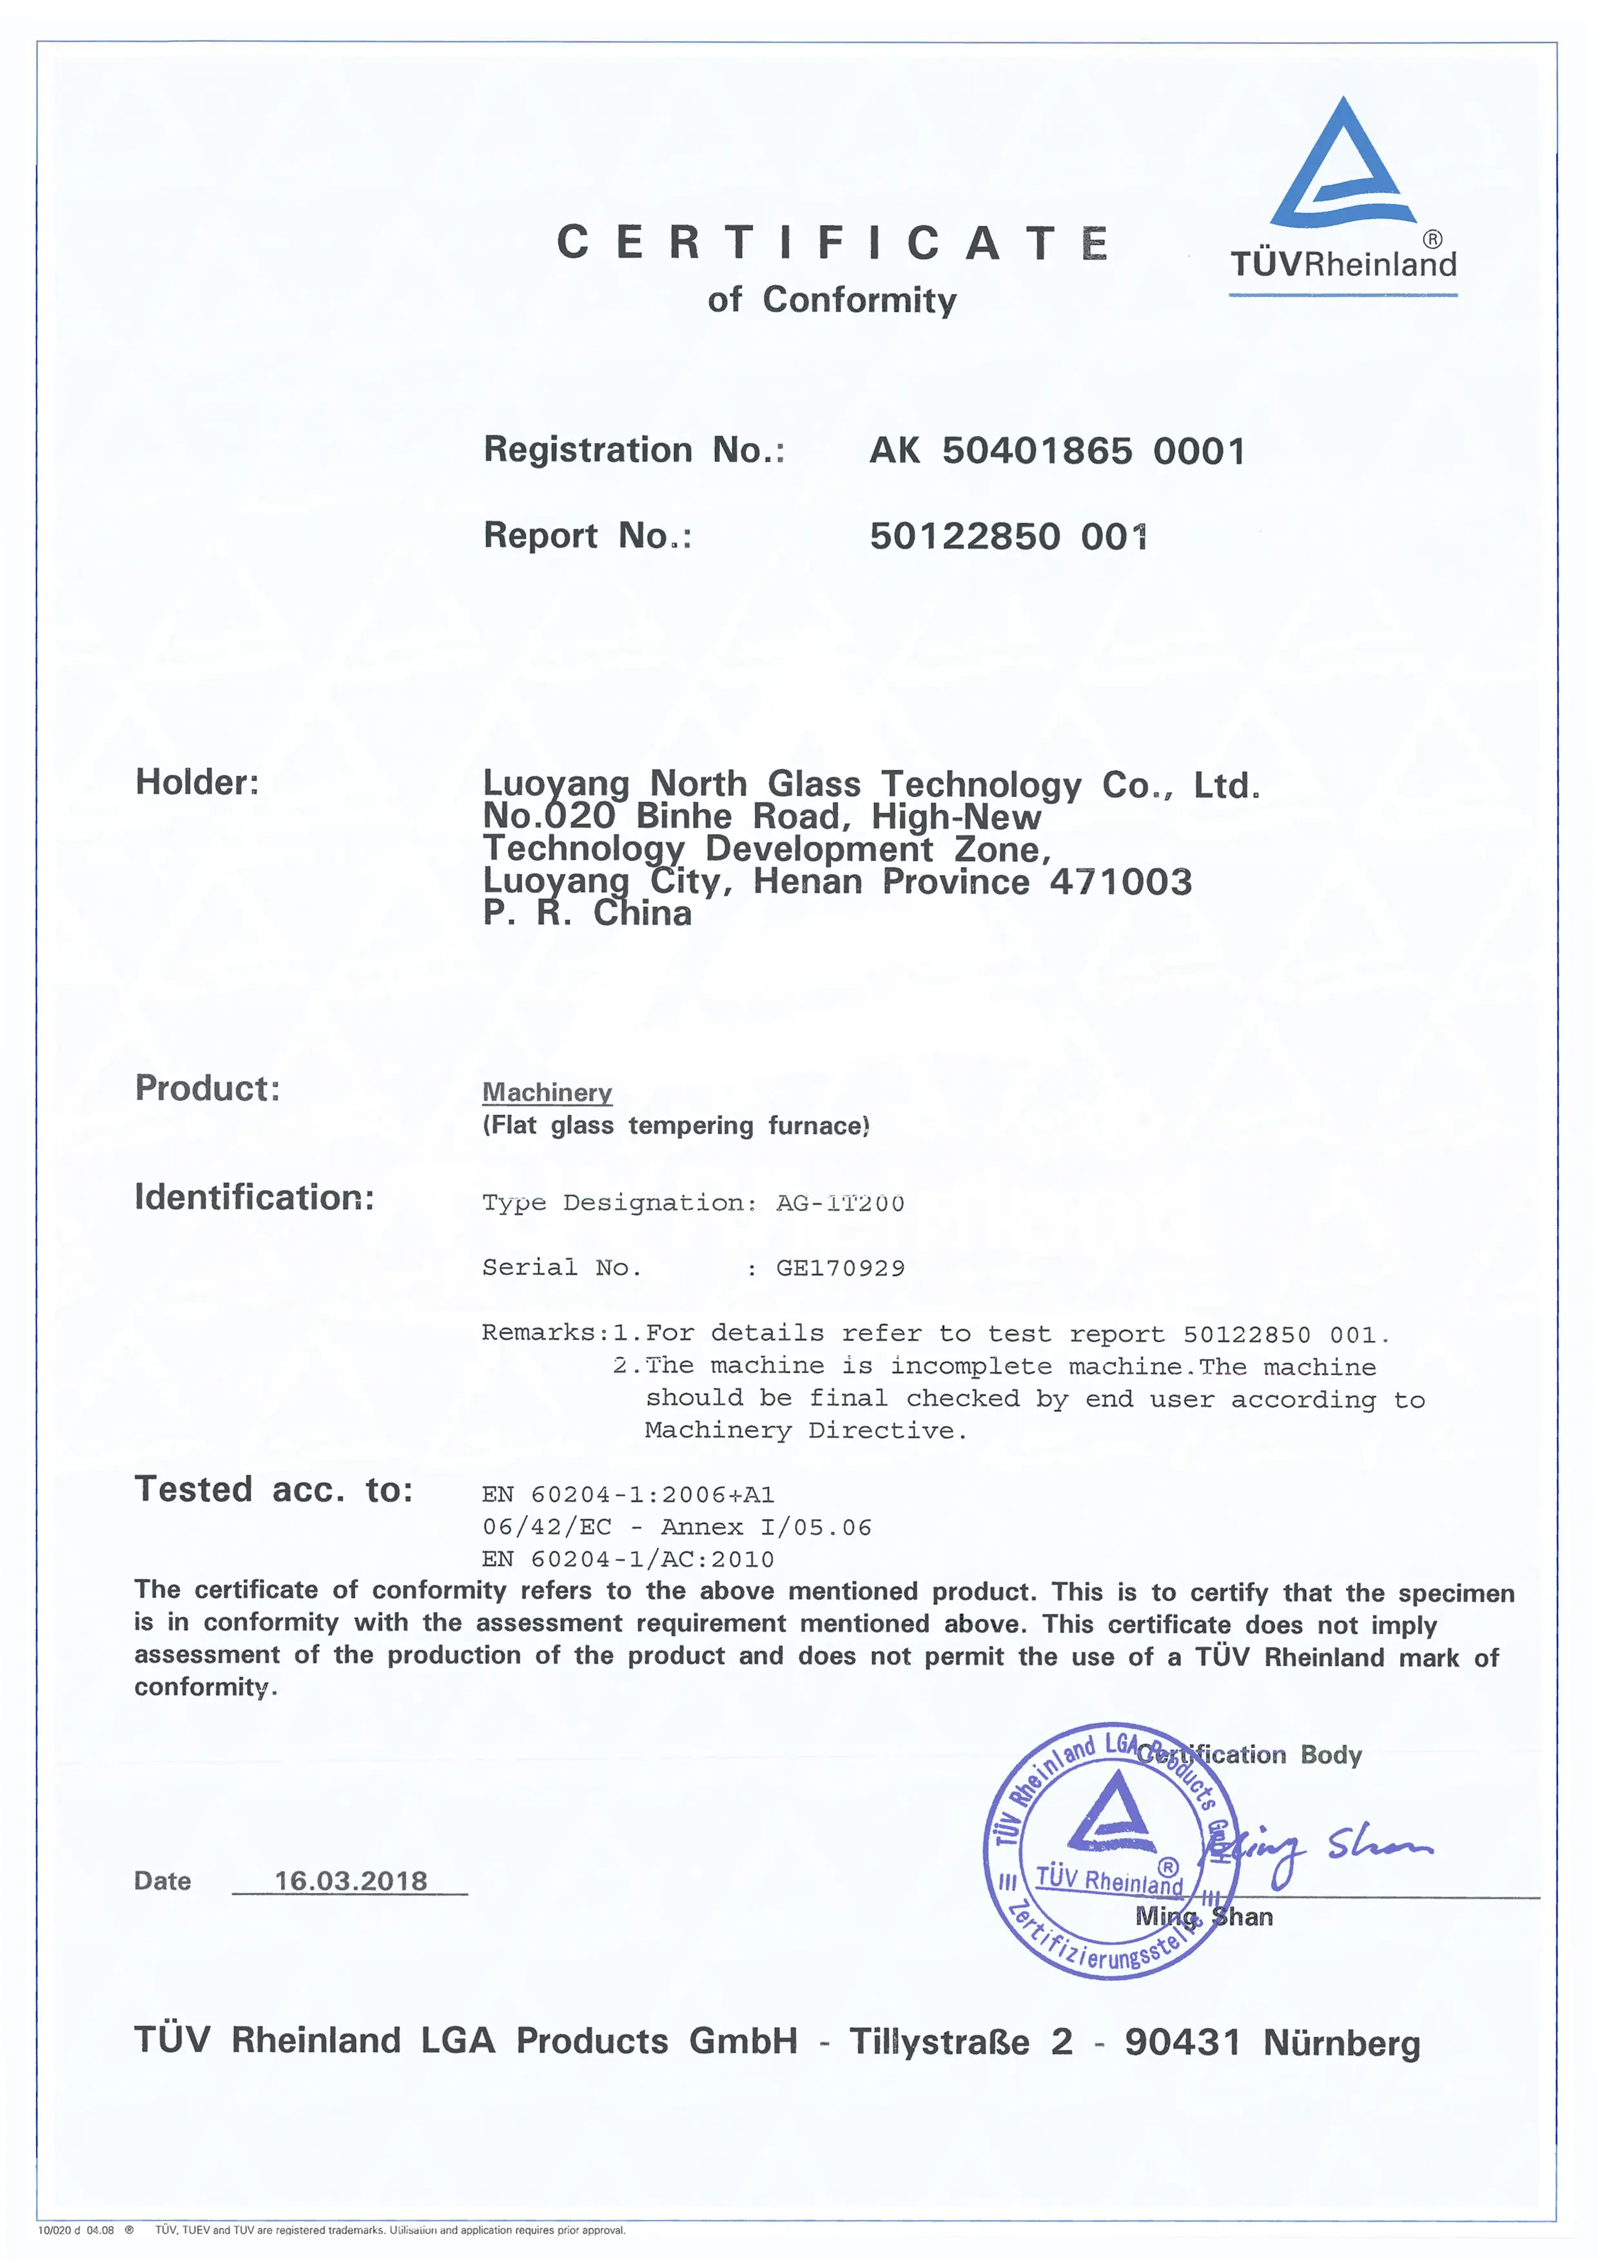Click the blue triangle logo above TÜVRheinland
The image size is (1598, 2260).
[1343, 167]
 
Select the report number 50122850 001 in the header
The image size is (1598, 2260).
[1009, 537]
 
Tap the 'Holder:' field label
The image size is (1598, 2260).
[197, 782]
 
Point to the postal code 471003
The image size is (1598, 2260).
[1121, 882]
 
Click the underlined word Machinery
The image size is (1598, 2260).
[547, 1093]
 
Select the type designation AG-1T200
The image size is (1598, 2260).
[839, 1203]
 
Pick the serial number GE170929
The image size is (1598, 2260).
[839, 1268]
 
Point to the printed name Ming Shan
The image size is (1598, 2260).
[1203, 1916]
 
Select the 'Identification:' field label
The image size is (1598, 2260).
[254, 1198]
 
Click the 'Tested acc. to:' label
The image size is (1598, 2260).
[273, 1489]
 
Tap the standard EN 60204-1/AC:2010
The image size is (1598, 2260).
[628, 1559]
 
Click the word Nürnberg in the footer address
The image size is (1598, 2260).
[1341, 2043]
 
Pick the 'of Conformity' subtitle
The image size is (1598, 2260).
[832, 299]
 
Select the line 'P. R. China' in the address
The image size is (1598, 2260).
[587, 913]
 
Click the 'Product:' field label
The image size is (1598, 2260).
[208, 1089]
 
